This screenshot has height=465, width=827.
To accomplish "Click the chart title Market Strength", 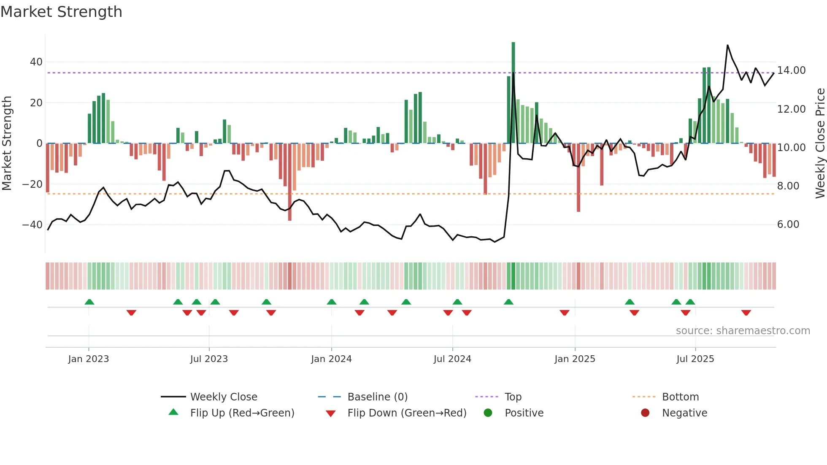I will (61, 12).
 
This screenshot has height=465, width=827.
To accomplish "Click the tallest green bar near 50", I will (513, 93).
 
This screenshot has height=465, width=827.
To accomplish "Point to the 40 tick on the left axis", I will (36, 62).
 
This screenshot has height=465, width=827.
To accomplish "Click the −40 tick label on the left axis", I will (32, 225).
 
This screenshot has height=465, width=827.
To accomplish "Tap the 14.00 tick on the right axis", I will (791, 70).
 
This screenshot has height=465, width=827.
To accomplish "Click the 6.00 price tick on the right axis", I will (788, 224).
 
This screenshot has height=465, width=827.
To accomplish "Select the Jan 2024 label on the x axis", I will (331, 359).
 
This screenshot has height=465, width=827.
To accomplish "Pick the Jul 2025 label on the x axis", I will (695, 359).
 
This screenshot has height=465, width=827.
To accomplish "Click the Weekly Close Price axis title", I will (820, 143).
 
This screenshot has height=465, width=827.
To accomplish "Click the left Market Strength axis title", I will (7, 143).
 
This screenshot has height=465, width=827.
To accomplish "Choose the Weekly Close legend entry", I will (223, 397).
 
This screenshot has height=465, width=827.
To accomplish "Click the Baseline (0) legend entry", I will (377, 397).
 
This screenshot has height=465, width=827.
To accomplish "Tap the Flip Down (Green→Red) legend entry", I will (406, 413).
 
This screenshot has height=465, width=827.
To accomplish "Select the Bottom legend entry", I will (680, 397).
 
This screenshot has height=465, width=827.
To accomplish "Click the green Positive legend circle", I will (488, 413).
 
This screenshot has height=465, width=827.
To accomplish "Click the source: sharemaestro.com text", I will (743, 331).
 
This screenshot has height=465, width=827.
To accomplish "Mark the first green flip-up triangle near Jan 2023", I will (89, 302).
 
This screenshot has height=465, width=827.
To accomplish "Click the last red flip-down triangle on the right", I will (746, 313).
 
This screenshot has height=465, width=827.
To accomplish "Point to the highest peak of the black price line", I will (727, 46).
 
